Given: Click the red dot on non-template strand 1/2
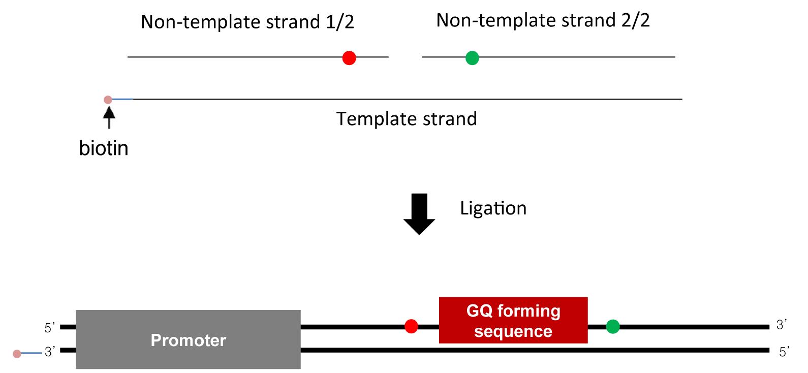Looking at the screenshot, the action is coord(349,58).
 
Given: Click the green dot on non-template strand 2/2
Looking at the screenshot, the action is coord(472,58).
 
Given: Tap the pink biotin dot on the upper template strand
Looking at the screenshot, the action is coord(108,100).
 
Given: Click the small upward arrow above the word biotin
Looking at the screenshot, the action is coord(109,117).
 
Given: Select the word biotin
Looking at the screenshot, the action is coord(104,148).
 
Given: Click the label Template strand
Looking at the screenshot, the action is coord(407,119).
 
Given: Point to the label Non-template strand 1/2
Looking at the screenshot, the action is coord(247,22).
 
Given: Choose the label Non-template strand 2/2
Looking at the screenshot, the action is coord(543,20).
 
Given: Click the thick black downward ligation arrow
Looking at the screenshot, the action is coord(419,214).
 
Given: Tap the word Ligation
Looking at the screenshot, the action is coord(493,208).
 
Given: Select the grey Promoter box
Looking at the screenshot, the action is coord(189,339).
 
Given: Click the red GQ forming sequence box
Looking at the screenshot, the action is coord(513,320).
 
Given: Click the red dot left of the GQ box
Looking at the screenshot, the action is coord(411,326).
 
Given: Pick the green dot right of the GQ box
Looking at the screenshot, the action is coord(613,326).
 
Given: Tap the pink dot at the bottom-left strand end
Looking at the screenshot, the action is coord(17,354).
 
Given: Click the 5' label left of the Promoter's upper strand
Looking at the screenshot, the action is coord(50,328).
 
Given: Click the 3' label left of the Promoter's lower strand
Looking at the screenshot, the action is coord(50,352).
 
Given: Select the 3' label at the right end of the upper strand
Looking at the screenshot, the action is coord(782,325).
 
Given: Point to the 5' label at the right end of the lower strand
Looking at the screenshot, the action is coord(784,352).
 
